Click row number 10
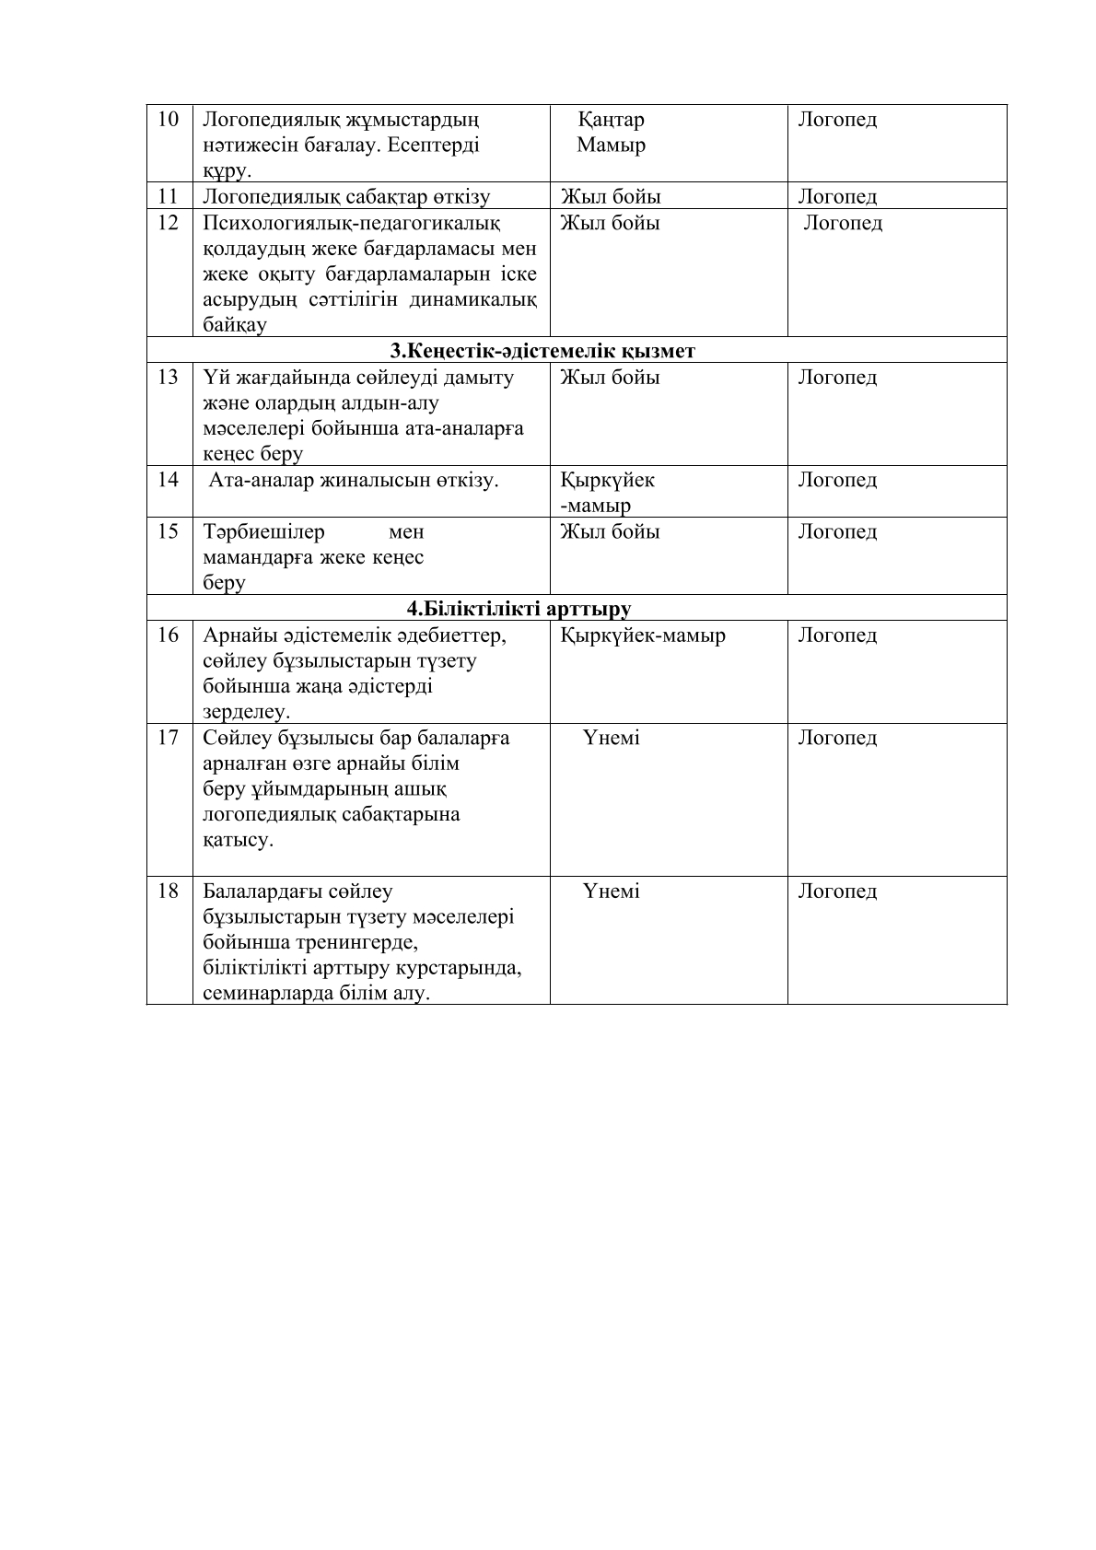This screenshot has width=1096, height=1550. point(168,120)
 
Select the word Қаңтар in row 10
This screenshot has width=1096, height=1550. point(611,120)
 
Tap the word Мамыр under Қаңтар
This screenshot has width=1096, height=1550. point(611,146)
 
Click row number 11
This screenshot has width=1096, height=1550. point(168,196)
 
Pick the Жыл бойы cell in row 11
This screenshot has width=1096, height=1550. point(610,196)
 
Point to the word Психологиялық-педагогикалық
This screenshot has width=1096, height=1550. point(351,223)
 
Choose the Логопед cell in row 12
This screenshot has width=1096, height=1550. point(843,223)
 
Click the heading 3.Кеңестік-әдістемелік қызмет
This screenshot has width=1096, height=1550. point(542,351)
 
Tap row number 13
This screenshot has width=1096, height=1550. point(168,378)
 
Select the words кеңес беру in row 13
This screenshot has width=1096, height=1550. point(252,454)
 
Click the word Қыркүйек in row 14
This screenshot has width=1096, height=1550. point(608,480)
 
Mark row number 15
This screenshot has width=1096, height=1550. point(168,532)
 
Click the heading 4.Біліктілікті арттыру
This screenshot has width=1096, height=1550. point(519,609)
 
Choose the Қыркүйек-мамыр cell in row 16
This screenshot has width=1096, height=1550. point(643,635)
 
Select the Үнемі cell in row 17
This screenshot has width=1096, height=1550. point(611,739)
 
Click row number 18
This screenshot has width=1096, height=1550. point(168,892)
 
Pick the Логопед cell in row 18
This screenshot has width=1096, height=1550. point(837,892)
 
